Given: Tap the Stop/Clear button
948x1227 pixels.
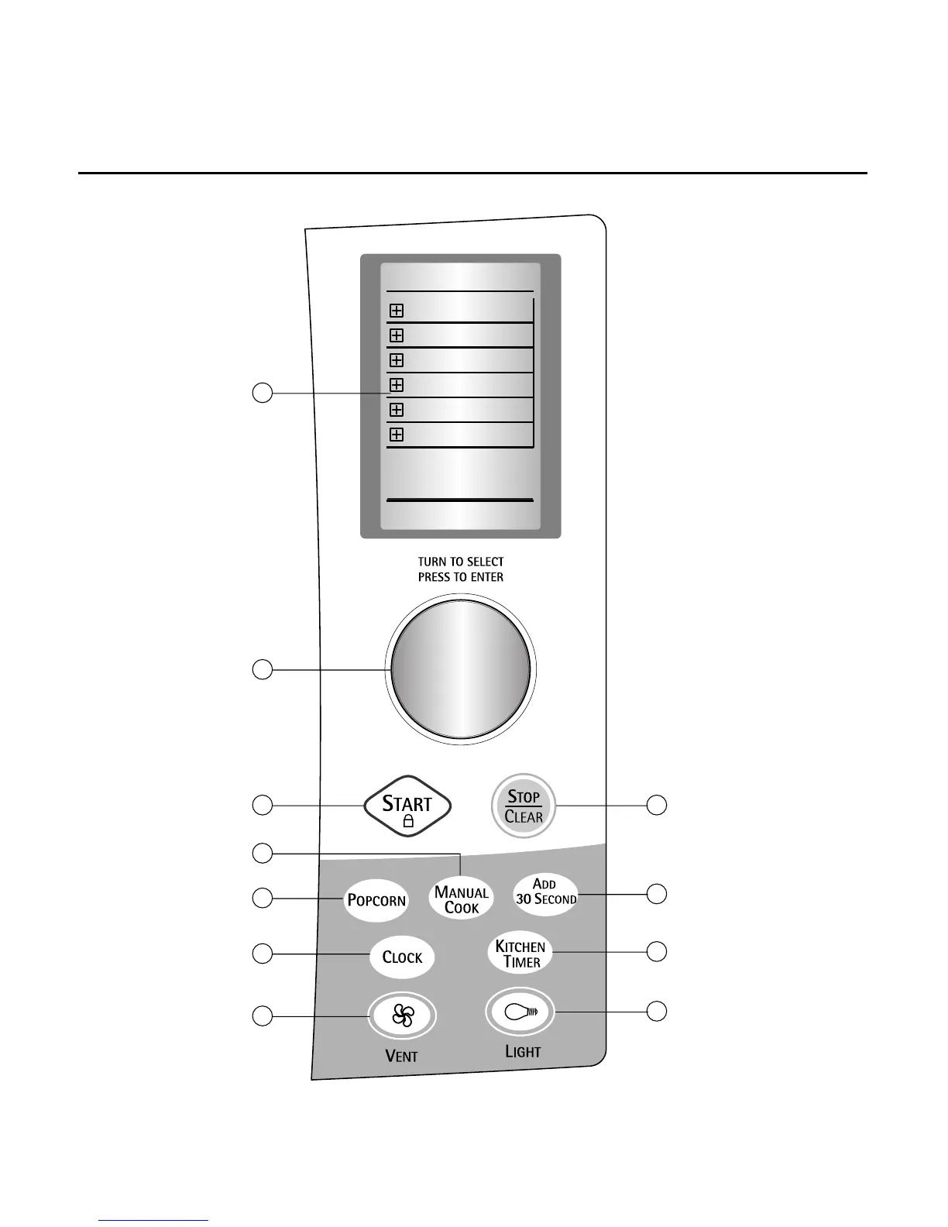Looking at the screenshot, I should coord(524,806).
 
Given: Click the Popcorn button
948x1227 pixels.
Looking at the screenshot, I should coord(376,899).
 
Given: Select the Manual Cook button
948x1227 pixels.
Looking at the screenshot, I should coord(462,899).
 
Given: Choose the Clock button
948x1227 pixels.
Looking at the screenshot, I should coord(402,957).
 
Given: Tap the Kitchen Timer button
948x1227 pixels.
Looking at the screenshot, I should coord(520,954).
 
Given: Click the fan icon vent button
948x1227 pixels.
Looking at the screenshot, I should coord(403,1015).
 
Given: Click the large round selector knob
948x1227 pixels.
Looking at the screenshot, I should coord(461,667).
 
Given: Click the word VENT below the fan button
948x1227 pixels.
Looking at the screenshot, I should coord(402,1056).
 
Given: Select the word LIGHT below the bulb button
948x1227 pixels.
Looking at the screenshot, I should coord(523,1051).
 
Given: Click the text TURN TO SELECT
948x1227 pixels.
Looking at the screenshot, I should coord(461,562).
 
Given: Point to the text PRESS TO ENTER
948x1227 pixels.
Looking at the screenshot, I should coord(461,577).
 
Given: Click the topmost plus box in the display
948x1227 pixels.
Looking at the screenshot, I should coord(397,311).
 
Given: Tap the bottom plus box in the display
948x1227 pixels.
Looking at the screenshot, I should coord(397,435).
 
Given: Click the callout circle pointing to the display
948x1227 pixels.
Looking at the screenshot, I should coord(263,393).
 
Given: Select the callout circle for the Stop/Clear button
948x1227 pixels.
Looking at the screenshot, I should coord(657,805).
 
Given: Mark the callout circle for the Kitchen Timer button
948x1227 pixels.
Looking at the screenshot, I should coord(657,951).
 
